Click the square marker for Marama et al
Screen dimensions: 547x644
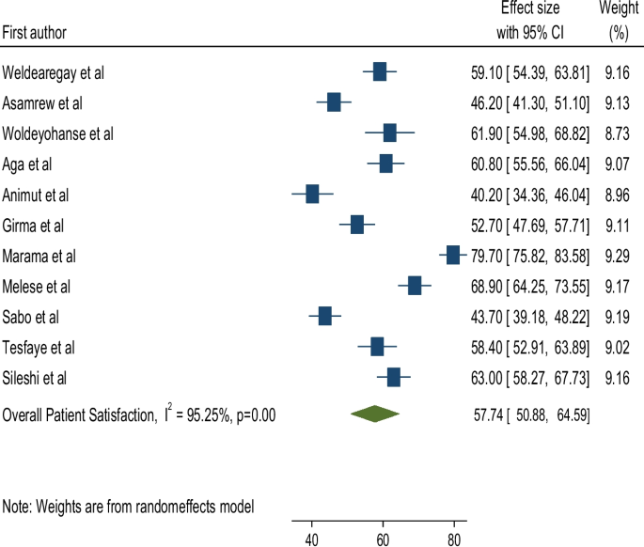tap(453, 256)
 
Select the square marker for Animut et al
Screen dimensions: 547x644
tap(313, 195)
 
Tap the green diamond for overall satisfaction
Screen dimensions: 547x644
tap(373, 414)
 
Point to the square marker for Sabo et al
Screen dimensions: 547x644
tap(325, 317)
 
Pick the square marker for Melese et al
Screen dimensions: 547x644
tap(415, 286)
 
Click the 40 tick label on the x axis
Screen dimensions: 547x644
tap(311, 539)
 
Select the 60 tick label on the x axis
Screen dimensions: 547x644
tap(383, 539)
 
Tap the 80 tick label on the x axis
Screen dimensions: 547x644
tap(454, 539)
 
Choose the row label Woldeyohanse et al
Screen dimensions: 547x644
tap(58, 134)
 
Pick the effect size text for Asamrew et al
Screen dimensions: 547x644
tap(530, 103)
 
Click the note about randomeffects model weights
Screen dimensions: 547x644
tap(128, 507)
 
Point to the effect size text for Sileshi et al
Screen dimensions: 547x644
tap(530, 378)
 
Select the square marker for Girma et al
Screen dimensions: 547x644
tap(357, 226)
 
